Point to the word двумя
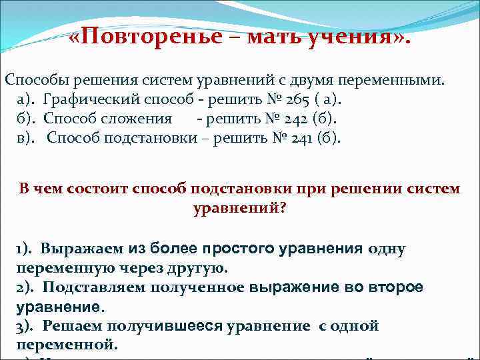click(307, 81)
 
